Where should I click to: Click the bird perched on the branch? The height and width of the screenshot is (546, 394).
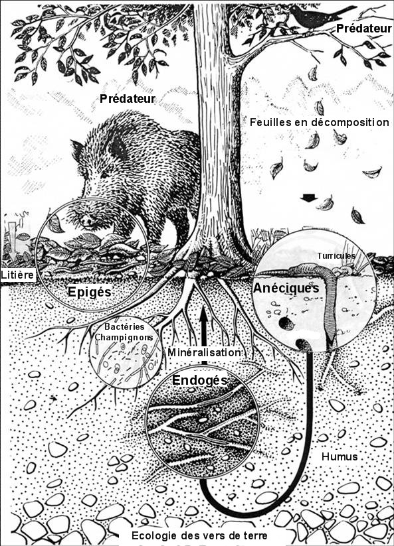316,17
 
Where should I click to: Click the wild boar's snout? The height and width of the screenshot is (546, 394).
85,220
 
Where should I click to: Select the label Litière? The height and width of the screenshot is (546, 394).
18,275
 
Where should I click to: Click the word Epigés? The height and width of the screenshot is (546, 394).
90,292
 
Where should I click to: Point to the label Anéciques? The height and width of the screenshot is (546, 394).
286,288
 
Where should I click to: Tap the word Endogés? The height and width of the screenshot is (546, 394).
200,380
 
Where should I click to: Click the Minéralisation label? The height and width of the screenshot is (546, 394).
204,352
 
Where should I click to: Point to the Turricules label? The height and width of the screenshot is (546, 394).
336,256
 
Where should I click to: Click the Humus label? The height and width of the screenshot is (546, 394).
340,456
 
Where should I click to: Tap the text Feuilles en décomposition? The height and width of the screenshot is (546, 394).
320,122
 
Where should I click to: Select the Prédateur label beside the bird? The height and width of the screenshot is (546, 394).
364,29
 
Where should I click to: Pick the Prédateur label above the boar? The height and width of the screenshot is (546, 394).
128,99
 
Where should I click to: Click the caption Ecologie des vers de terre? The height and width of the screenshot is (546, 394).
199,535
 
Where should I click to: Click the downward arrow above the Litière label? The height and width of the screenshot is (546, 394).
13,240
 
